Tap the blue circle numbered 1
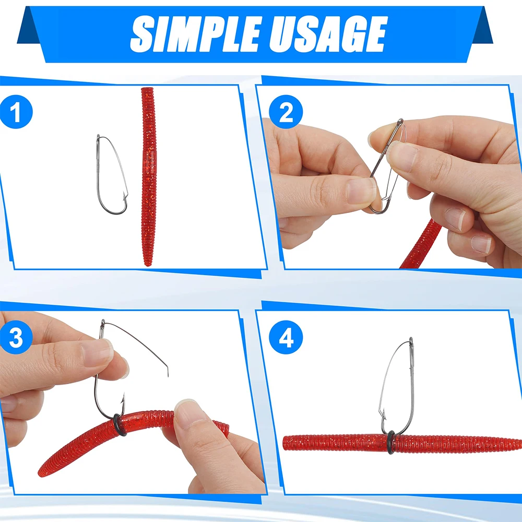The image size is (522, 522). click(16, 112)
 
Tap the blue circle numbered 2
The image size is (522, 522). click(286, 112)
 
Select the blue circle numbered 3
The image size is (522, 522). click(16, 337)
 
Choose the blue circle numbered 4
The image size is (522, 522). click(286, 337)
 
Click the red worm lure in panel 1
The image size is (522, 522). click(148, 176)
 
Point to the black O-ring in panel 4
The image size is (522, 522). click(391, 443)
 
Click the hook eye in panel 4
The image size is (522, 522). click(411, 340)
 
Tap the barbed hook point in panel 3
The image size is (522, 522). click(123, 398)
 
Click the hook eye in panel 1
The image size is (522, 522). click(98, 137)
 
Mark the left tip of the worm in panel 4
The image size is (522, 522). click(284, 443)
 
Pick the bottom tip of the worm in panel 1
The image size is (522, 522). click(147, 265)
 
